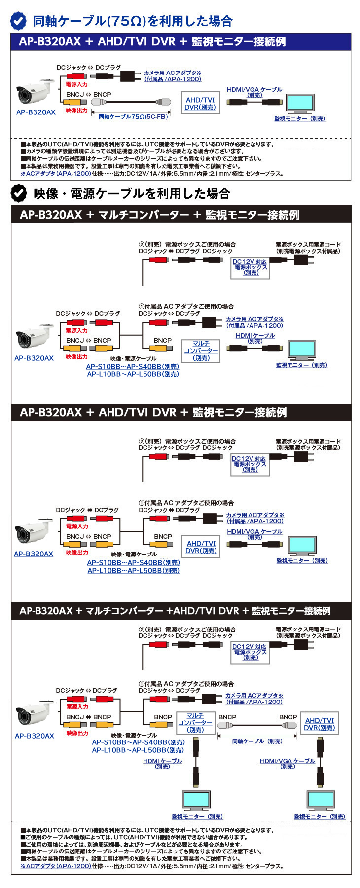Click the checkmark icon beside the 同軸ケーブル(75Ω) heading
pyautogui.click(x=19, y=21)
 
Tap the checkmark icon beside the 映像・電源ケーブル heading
pyautogui.click(x=19, y=193)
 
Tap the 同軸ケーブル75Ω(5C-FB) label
pyautogui.click(x=133, y=117)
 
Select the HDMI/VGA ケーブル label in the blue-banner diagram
pyautogui.click(x=254, y=92)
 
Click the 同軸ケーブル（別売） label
pyautogui.click(x=257, y=741)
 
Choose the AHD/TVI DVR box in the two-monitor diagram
pyautogui.click(x=319, y=724)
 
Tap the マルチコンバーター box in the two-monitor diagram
pyautogui.click(x=195, y=723)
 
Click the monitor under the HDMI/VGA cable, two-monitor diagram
pyautogui.click(x=321, y=799)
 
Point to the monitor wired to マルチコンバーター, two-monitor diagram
pyautogui.click(x=196, y=799)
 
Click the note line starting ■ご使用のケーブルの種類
pyautogui.click(x=134, y=837)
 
